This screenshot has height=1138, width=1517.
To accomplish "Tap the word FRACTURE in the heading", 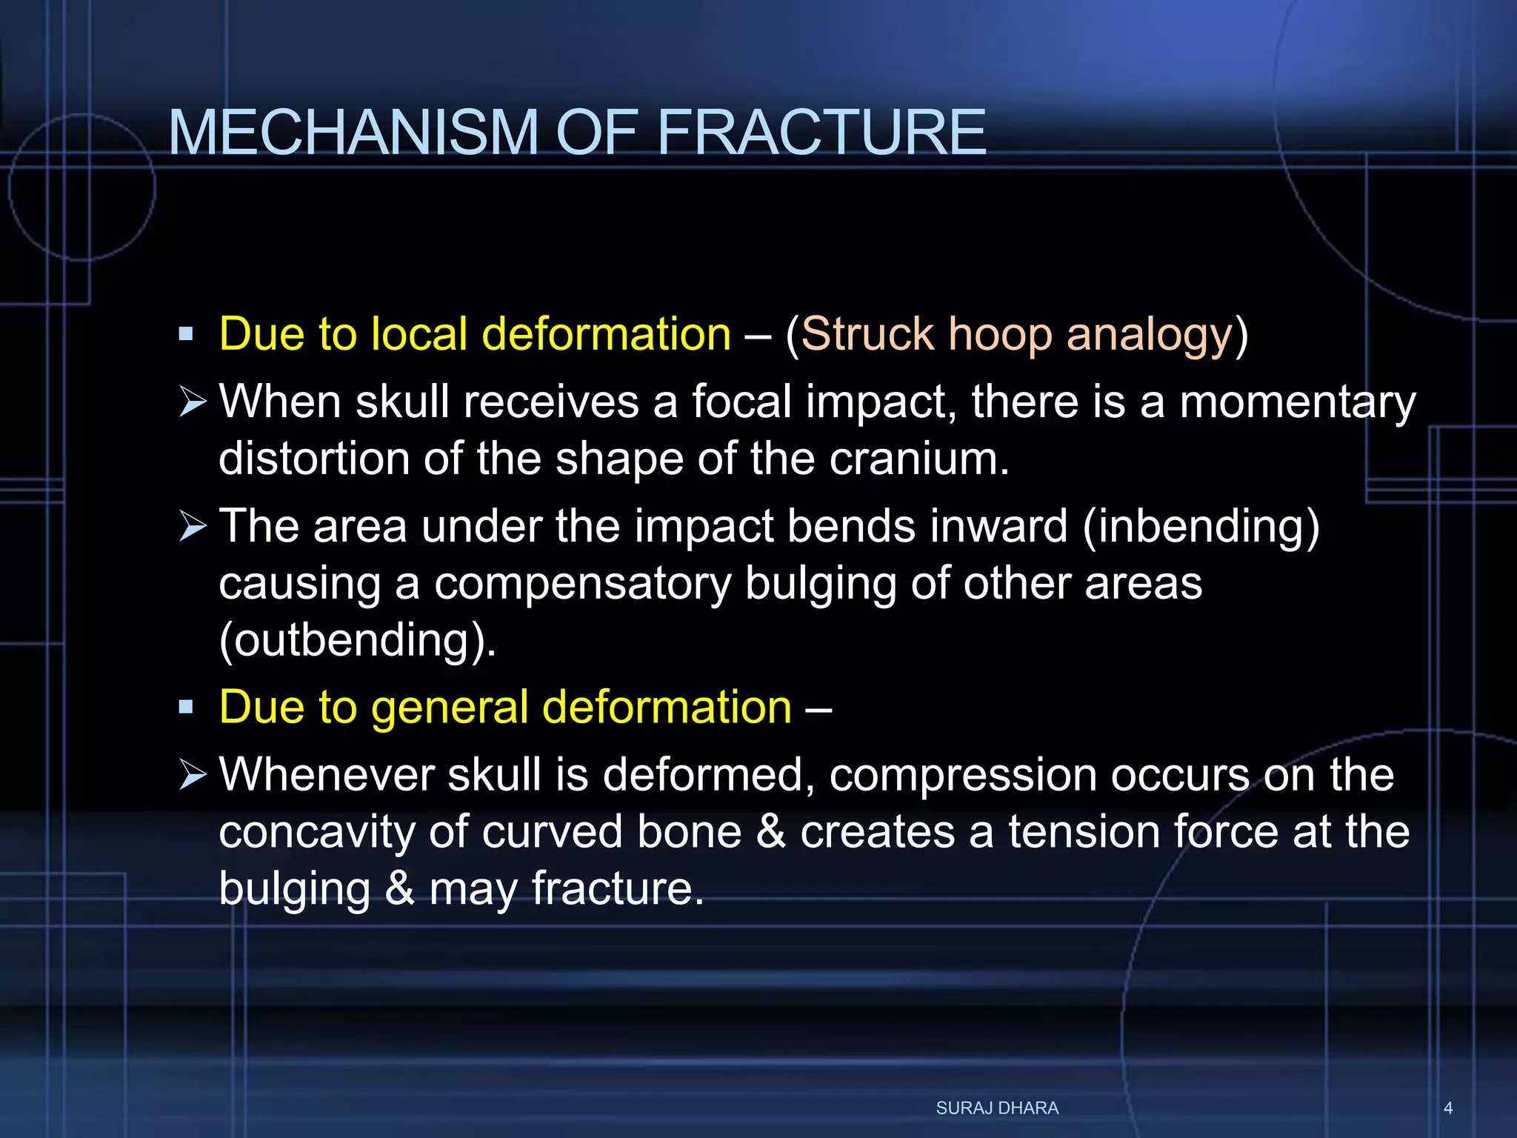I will point(821,133).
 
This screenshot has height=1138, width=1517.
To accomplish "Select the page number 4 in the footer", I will point(1448,1108).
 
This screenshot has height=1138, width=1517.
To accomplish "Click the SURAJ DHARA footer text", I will point(997,1108).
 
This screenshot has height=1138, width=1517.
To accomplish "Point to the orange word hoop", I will point(1000,335).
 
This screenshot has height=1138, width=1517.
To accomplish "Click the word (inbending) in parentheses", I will point(1201,528).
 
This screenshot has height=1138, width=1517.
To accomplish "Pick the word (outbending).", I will point(357,640).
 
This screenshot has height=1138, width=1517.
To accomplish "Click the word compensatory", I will point(582,584).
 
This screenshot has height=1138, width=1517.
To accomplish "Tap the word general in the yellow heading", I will point(450,708).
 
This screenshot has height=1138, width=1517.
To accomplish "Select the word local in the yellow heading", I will point(419,335).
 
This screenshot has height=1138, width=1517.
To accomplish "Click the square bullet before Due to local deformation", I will point(186,335).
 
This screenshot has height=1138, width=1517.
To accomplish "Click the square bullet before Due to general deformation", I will point(186,708).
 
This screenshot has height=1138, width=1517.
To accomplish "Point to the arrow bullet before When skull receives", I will point(193,402).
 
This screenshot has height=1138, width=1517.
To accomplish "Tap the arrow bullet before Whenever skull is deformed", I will point(193,775).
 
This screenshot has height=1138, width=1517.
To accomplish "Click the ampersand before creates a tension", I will point(770,832).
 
